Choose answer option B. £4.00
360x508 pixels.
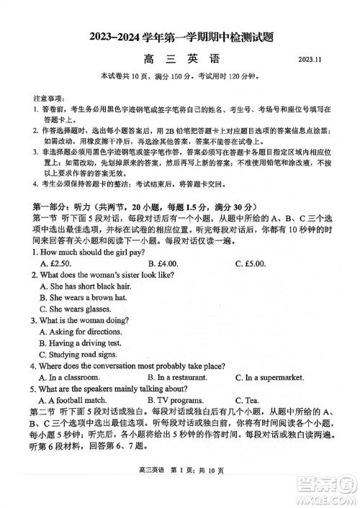pos(162,264)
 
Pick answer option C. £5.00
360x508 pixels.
pos(251,264)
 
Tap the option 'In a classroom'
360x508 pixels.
pos(69,377)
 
